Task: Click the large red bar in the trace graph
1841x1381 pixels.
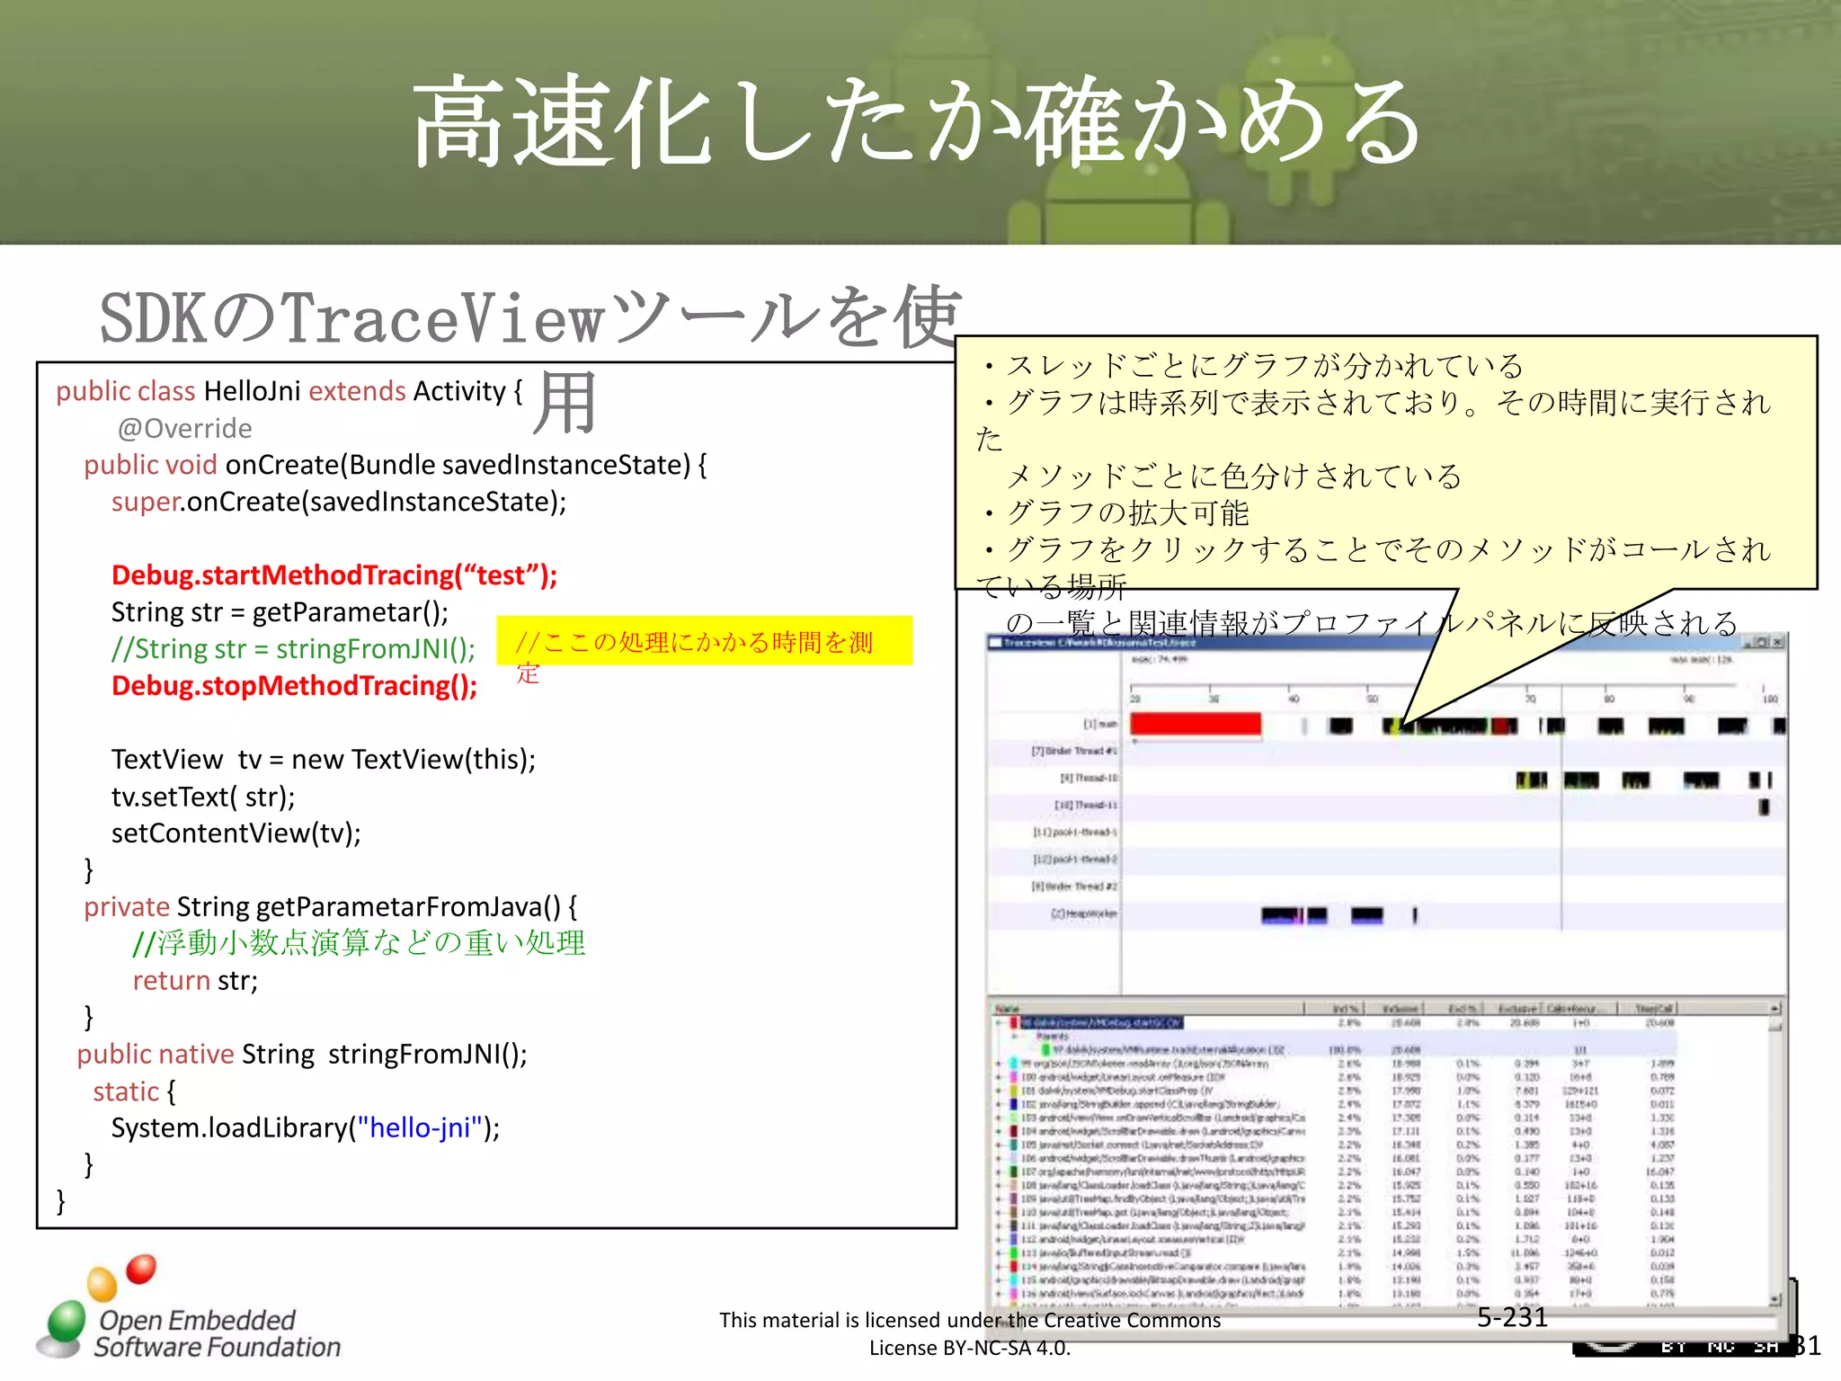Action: (1195, 724)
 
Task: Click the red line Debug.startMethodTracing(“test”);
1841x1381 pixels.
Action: (334, 575)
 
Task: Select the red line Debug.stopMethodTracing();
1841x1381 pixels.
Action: (294, 686)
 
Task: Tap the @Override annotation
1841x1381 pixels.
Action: (184, 428)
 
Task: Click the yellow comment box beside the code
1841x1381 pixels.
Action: (704, 641)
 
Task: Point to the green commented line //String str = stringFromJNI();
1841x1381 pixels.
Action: (293, 649)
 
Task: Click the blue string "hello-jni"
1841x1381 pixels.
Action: (420, 1127)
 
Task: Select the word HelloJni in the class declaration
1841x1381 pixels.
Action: (252, 391)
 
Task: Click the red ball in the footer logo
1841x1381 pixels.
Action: (141, 1269)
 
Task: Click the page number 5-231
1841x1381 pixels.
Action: (1512, 1317)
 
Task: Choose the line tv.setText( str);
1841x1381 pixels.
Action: (203, 797)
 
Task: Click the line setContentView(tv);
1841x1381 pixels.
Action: (236, 833)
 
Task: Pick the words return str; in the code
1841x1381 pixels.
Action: (195, 980)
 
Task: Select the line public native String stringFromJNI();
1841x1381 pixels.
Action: (302, 1054)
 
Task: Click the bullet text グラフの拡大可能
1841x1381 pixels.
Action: (1127, 513)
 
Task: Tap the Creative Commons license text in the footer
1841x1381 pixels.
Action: (969, 1333)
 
